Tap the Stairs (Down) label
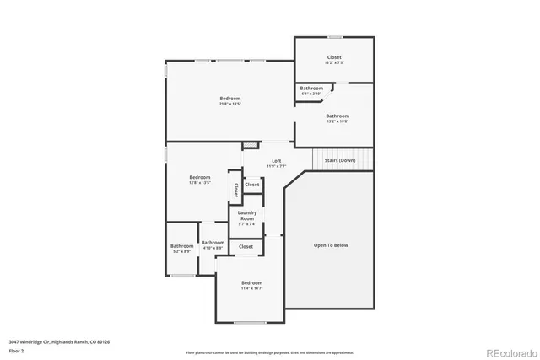[x=339, y=159]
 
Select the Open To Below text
[x=331, y=245]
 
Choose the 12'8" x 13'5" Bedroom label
[x=199, y=179]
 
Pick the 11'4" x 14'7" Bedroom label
[x=251, y=285]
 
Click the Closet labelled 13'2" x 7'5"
[x=334, y=59]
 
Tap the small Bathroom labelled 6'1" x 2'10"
[x=311, y=90]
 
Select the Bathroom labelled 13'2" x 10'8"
[x=337, y=118]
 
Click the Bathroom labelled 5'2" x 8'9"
[x=181, y=248]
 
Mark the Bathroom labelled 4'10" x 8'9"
[x=213, y=244]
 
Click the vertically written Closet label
[x=235, y=190]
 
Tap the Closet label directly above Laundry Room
[x=251, y=184]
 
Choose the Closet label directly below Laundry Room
[x=246, y=246]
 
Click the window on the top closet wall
[x=335, y=37]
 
